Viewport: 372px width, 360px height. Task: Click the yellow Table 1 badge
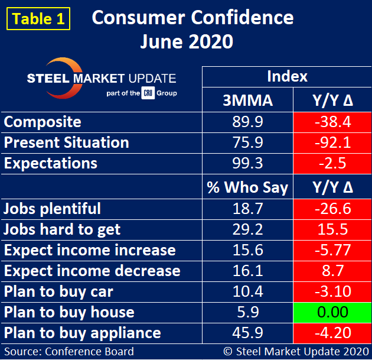point(38,18)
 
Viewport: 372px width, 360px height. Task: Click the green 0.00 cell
point(333,312)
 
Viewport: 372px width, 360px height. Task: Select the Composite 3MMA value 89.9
point(248,122)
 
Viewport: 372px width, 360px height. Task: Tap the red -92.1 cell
point(333,143)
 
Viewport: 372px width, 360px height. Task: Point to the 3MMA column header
point(248,101)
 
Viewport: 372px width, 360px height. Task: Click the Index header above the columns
point(287,77)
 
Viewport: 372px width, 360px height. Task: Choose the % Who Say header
point(248,188)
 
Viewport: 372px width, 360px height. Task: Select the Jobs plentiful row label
point(53,209)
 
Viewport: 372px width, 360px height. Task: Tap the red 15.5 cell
point(333,229)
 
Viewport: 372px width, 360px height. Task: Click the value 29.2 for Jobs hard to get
point(248,229)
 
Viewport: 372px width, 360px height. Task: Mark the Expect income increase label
point(90,250)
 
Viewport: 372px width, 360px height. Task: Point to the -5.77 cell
point(333,250)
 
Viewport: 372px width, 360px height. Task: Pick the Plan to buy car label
point(59,291)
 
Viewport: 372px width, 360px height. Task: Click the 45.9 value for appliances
point(248,333)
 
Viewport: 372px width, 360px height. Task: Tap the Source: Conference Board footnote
point(70,351)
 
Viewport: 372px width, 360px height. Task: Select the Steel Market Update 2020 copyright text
point(293,351)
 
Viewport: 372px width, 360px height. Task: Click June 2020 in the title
point(187,43)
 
